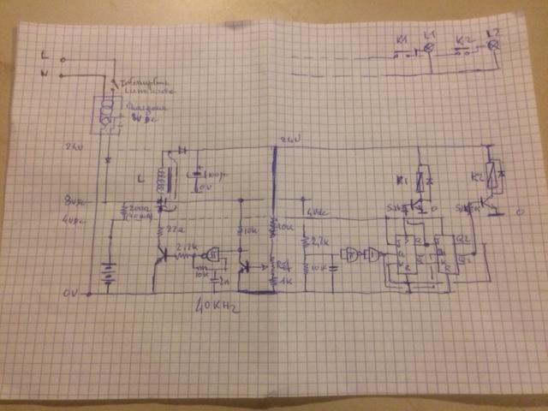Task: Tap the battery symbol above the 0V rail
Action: click(x=108, y=272)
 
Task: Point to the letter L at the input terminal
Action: click(x=43, y=55)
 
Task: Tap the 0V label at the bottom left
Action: click(x=70, y=293)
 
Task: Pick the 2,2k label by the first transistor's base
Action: click(x=185, y=246)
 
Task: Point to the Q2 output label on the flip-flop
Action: click(x=464, y=238)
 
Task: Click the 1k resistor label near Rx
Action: click(x=286, y=281)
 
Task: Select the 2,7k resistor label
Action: click(x=319, y=242)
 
